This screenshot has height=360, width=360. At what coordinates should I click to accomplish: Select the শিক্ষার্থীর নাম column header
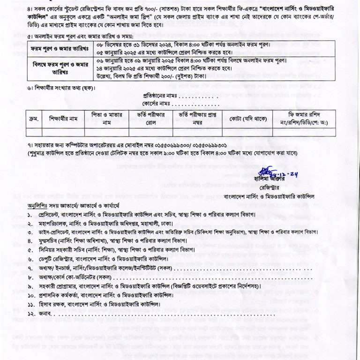pos(61,119)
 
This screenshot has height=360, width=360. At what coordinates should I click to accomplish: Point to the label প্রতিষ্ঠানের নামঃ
pos(157,96)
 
